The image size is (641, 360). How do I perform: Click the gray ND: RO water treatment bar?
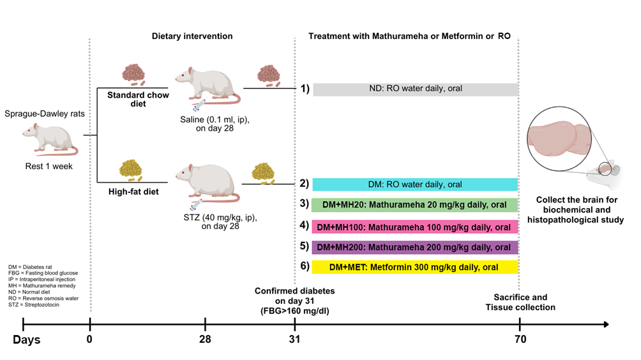tap(415, 89)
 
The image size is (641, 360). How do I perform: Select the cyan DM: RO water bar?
tap(415, 184)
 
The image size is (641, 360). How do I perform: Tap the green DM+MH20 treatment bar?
tap(415, 205)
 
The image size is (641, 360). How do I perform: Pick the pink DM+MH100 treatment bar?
tap(415, 227)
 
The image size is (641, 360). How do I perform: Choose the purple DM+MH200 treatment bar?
tap(415, 247)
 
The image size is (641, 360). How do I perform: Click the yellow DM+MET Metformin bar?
tap(415, 267)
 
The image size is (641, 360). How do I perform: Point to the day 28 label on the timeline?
tap(205, 339)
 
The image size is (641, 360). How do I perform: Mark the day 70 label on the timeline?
tap(520, 339)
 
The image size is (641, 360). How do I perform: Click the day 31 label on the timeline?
tap(294, 339)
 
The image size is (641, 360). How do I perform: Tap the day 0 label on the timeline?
tap(89, 339)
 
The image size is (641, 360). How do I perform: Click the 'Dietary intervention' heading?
tap(192, 36)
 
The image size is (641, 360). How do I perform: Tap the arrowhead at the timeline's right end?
tap(605, 325)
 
